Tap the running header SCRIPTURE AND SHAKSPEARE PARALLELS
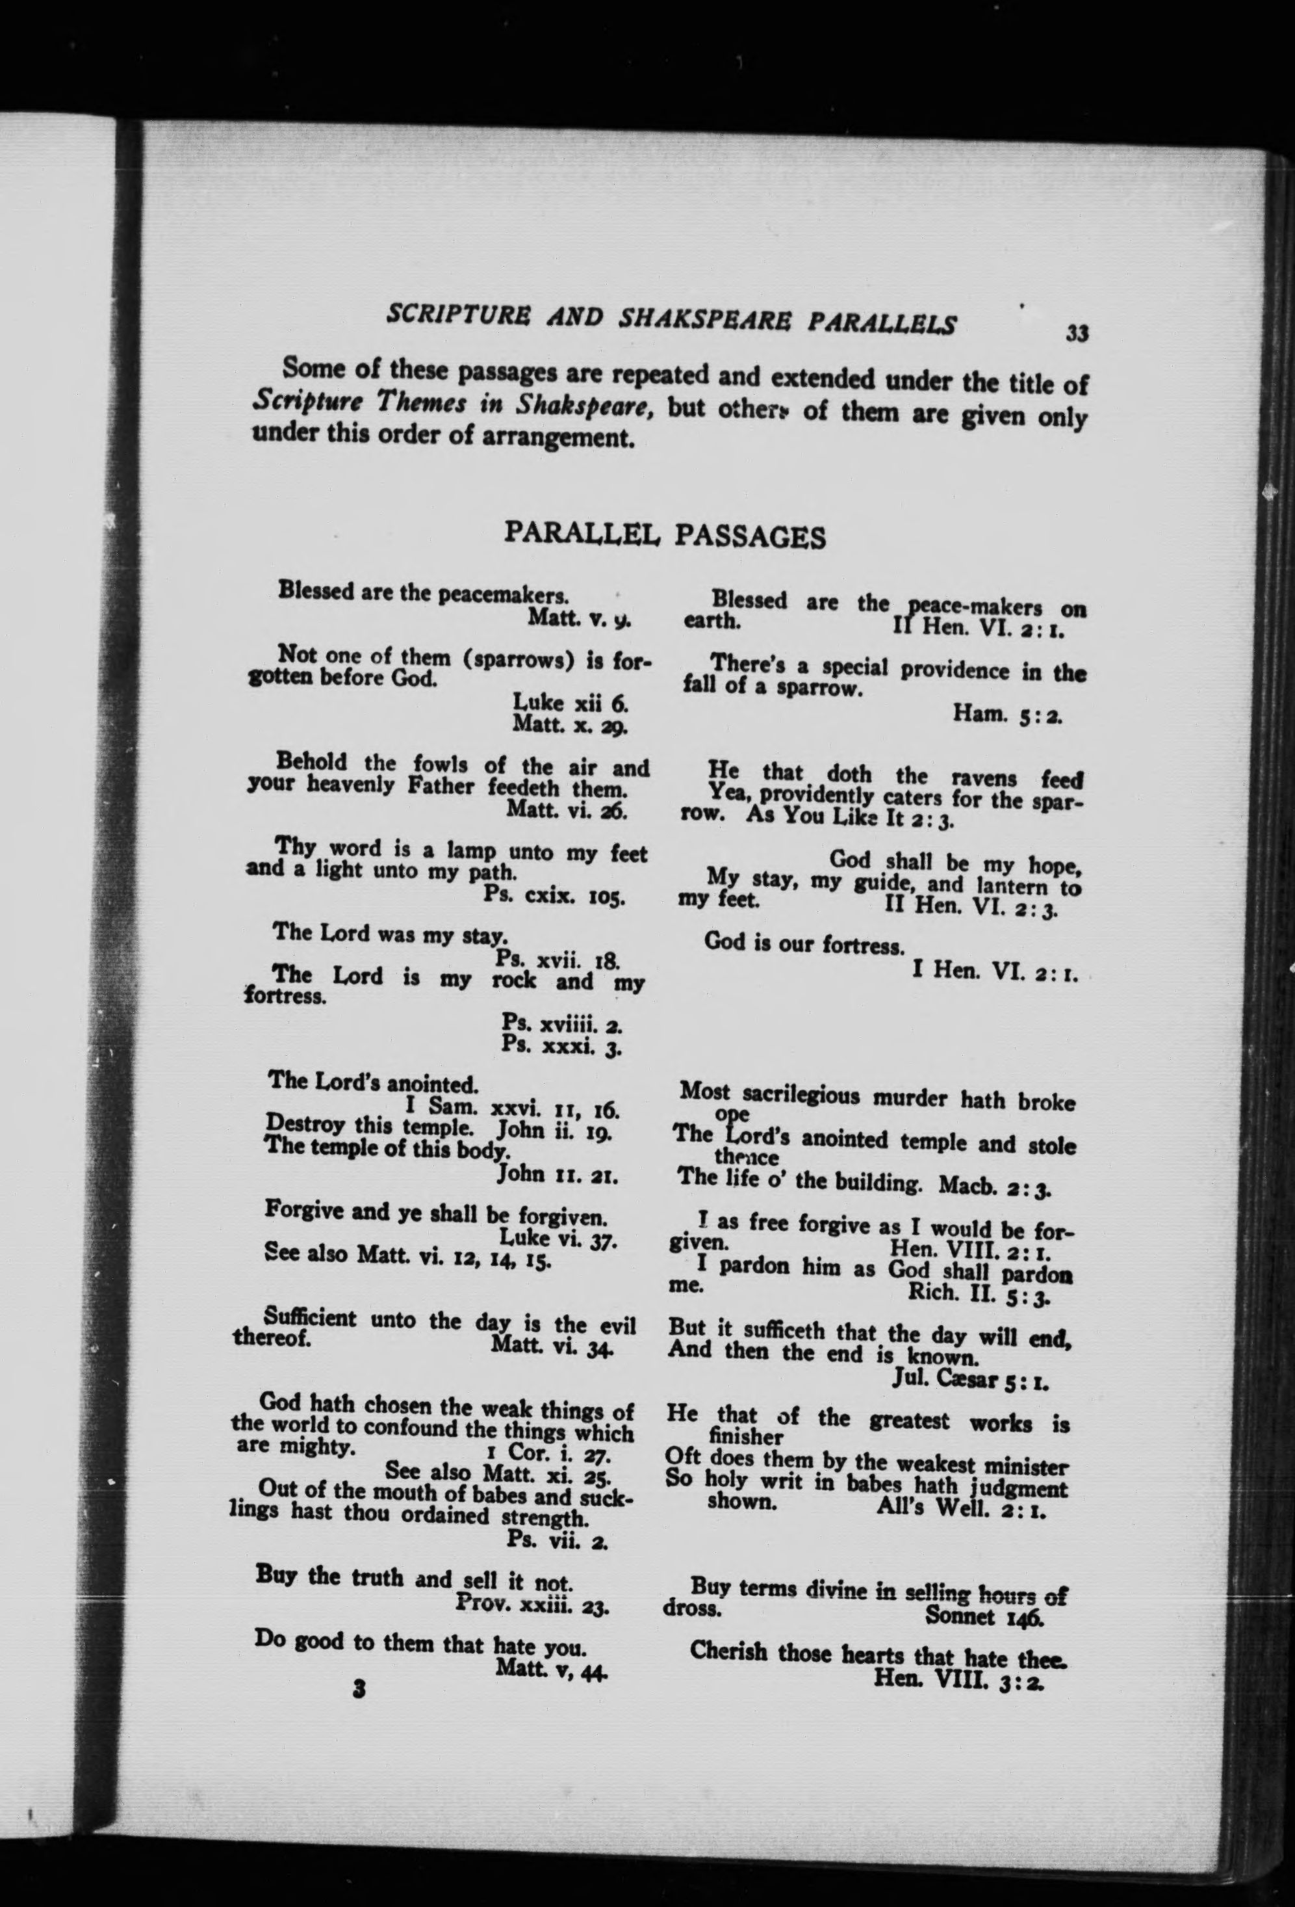pyautogui.click(x=670, y=321)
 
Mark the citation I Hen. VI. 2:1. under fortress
pyautogui.click(x=994, y=976)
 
